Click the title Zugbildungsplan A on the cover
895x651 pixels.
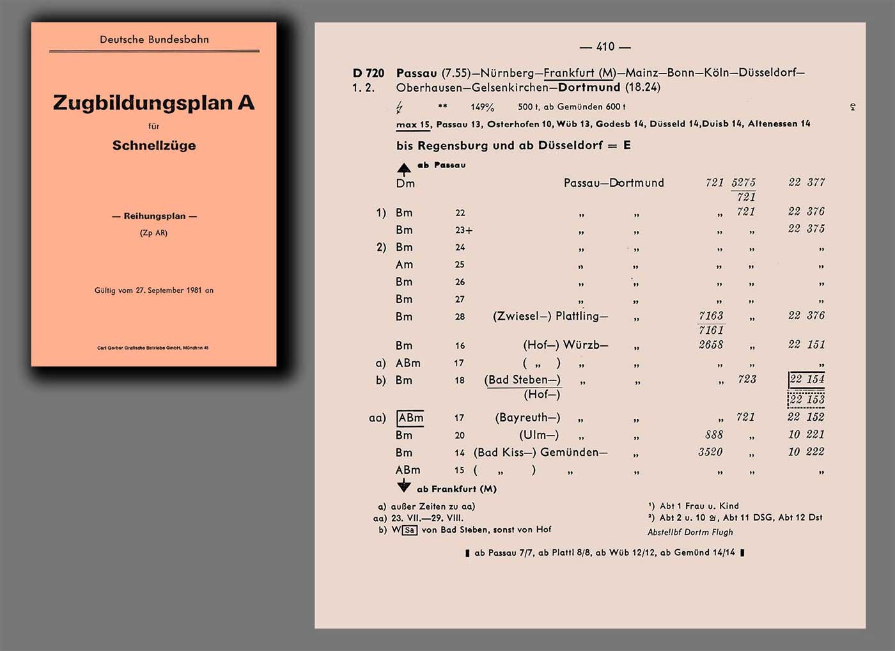pyautogui.click(x=153, y=103)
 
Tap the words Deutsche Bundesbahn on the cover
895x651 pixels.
pyautogui.click(x=154, y=40)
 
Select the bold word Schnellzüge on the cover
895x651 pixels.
pyautogui.click(x=154, y=146)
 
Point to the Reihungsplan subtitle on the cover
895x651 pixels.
pyautogui.click(x=154, y=216)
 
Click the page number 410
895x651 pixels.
pyautogui.click(x=605, y=47)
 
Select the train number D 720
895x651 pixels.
pyautogui.click(x=368, y=73)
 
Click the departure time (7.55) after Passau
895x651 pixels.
pyautogui.click(x=455, y=73)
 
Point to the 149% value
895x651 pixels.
pyautogui.click(x=483, y=107)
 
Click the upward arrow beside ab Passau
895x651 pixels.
pyautogui.click(x=404, y=169)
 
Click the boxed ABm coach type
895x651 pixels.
pyautogui.click(x=410, y=418)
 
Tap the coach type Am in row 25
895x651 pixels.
pyautogui.click(x=404, y=265)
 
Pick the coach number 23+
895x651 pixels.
pyautogui.click(x=463, y=230)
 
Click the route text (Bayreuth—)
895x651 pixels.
pyautogui.click(x=527, y=418)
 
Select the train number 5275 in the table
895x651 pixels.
pyautogui.click(x=743, y=183)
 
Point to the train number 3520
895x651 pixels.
pyautogui.click(x=710, y=452)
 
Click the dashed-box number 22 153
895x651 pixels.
pyautogui.click(x=806, y=400)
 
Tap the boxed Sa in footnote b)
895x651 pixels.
pyautogui.click(x=410, y=530)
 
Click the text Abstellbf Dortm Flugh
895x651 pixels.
pyautogui.click(x=690, y=532)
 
